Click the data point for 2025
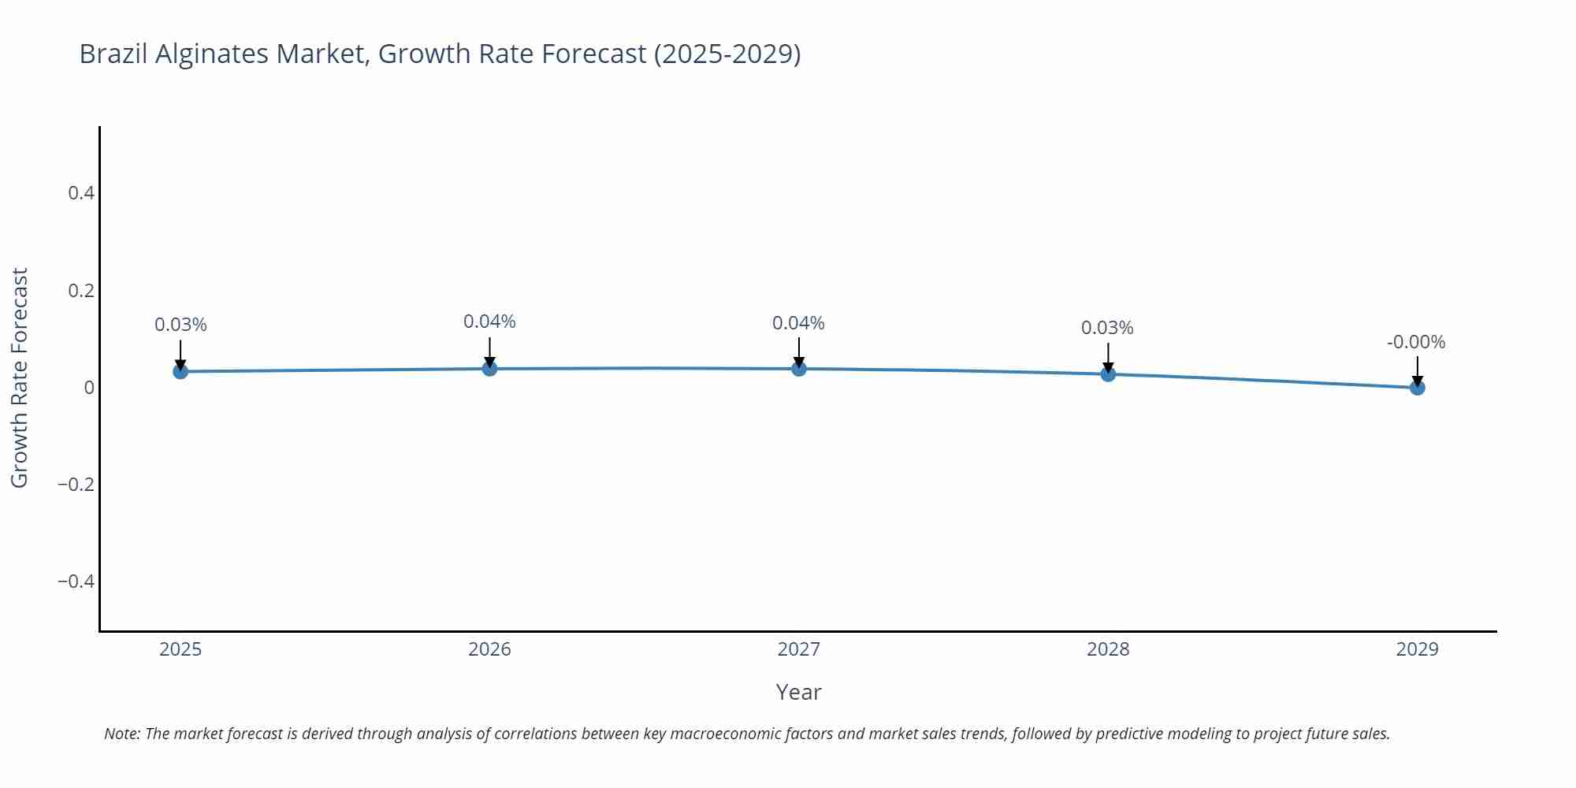click(x=180, y=371)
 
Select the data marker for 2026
click(x=489, y=368)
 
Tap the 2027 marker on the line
click(x=799, y=368)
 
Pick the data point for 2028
click(x=1108, y=374)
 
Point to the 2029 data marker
click(x=1417, y=387)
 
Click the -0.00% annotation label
click(x=1416, y=342)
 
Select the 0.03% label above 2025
click(x=180, y=325)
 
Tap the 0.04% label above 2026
click(x=489, y=322)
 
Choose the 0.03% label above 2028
click(x=1107, y=328)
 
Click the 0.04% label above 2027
click(x=798, y=323)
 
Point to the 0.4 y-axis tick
click(x=81, y=193)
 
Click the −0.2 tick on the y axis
click(x=76, y=485)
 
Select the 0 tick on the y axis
click(x=89, y=388)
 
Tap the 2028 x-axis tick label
click(x=1108, y=649)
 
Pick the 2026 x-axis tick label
click(x=489, y=649)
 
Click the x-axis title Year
click(x=798, y=692)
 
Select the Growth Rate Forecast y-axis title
click(x=20, y=377)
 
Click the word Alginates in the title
click(x=212, y=54)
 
